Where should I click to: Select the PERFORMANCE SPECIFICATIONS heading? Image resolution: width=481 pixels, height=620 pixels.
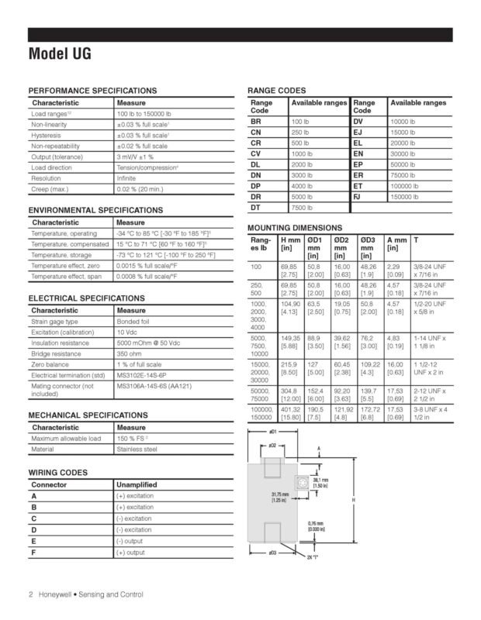(92, 91)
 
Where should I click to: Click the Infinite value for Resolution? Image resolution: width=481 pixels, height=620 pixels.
(126, 177)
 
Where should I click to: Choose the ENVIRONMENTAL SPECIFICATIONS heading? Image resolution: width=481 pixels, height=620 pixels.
(95, 210)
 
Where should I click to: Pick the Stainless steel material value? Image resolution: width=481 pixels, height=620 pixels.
(137, 449)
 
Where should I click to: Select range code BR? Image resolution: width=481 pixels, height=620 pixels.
(257, 122)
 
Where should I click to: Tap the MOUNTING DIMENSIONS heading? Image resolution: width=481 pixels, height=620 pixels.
(294, 227)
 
